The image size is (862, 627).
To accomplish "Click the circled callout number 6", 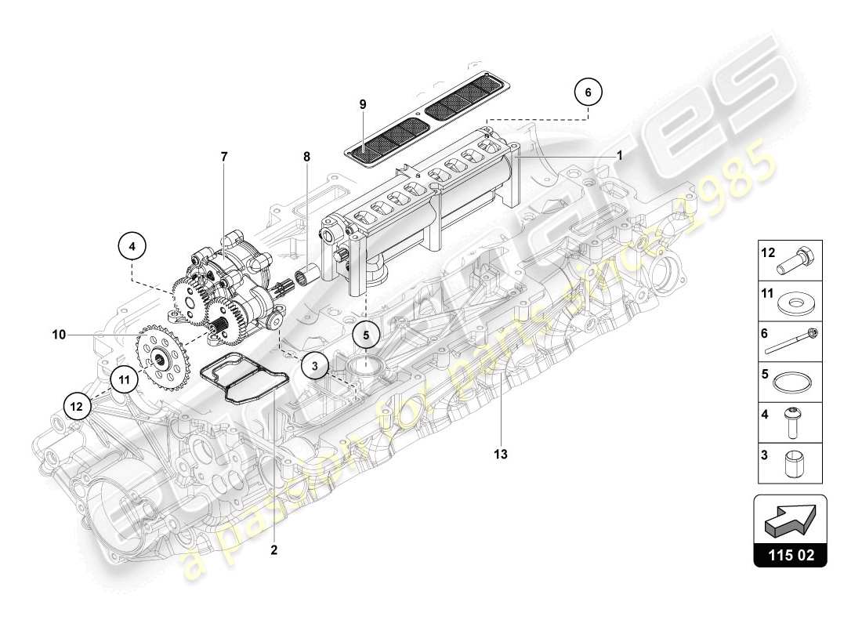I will pyautogui.click(x=589, y=91).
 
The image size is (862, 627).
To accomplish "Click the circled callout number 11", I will pyautogui.click(x=124, y=379).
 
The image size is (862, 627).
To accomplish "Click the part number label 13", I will pyautogui.click(x=500, y=454).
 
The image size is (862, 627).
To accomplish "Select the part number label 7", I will pyautogui.click(x=224, y=157).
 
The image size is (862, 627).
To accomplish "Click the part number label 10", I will pyautogui.click(x=59, y=335).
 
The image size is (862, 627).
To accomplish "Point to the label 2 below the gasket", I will pyautogui.click(x=274, y=549).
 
